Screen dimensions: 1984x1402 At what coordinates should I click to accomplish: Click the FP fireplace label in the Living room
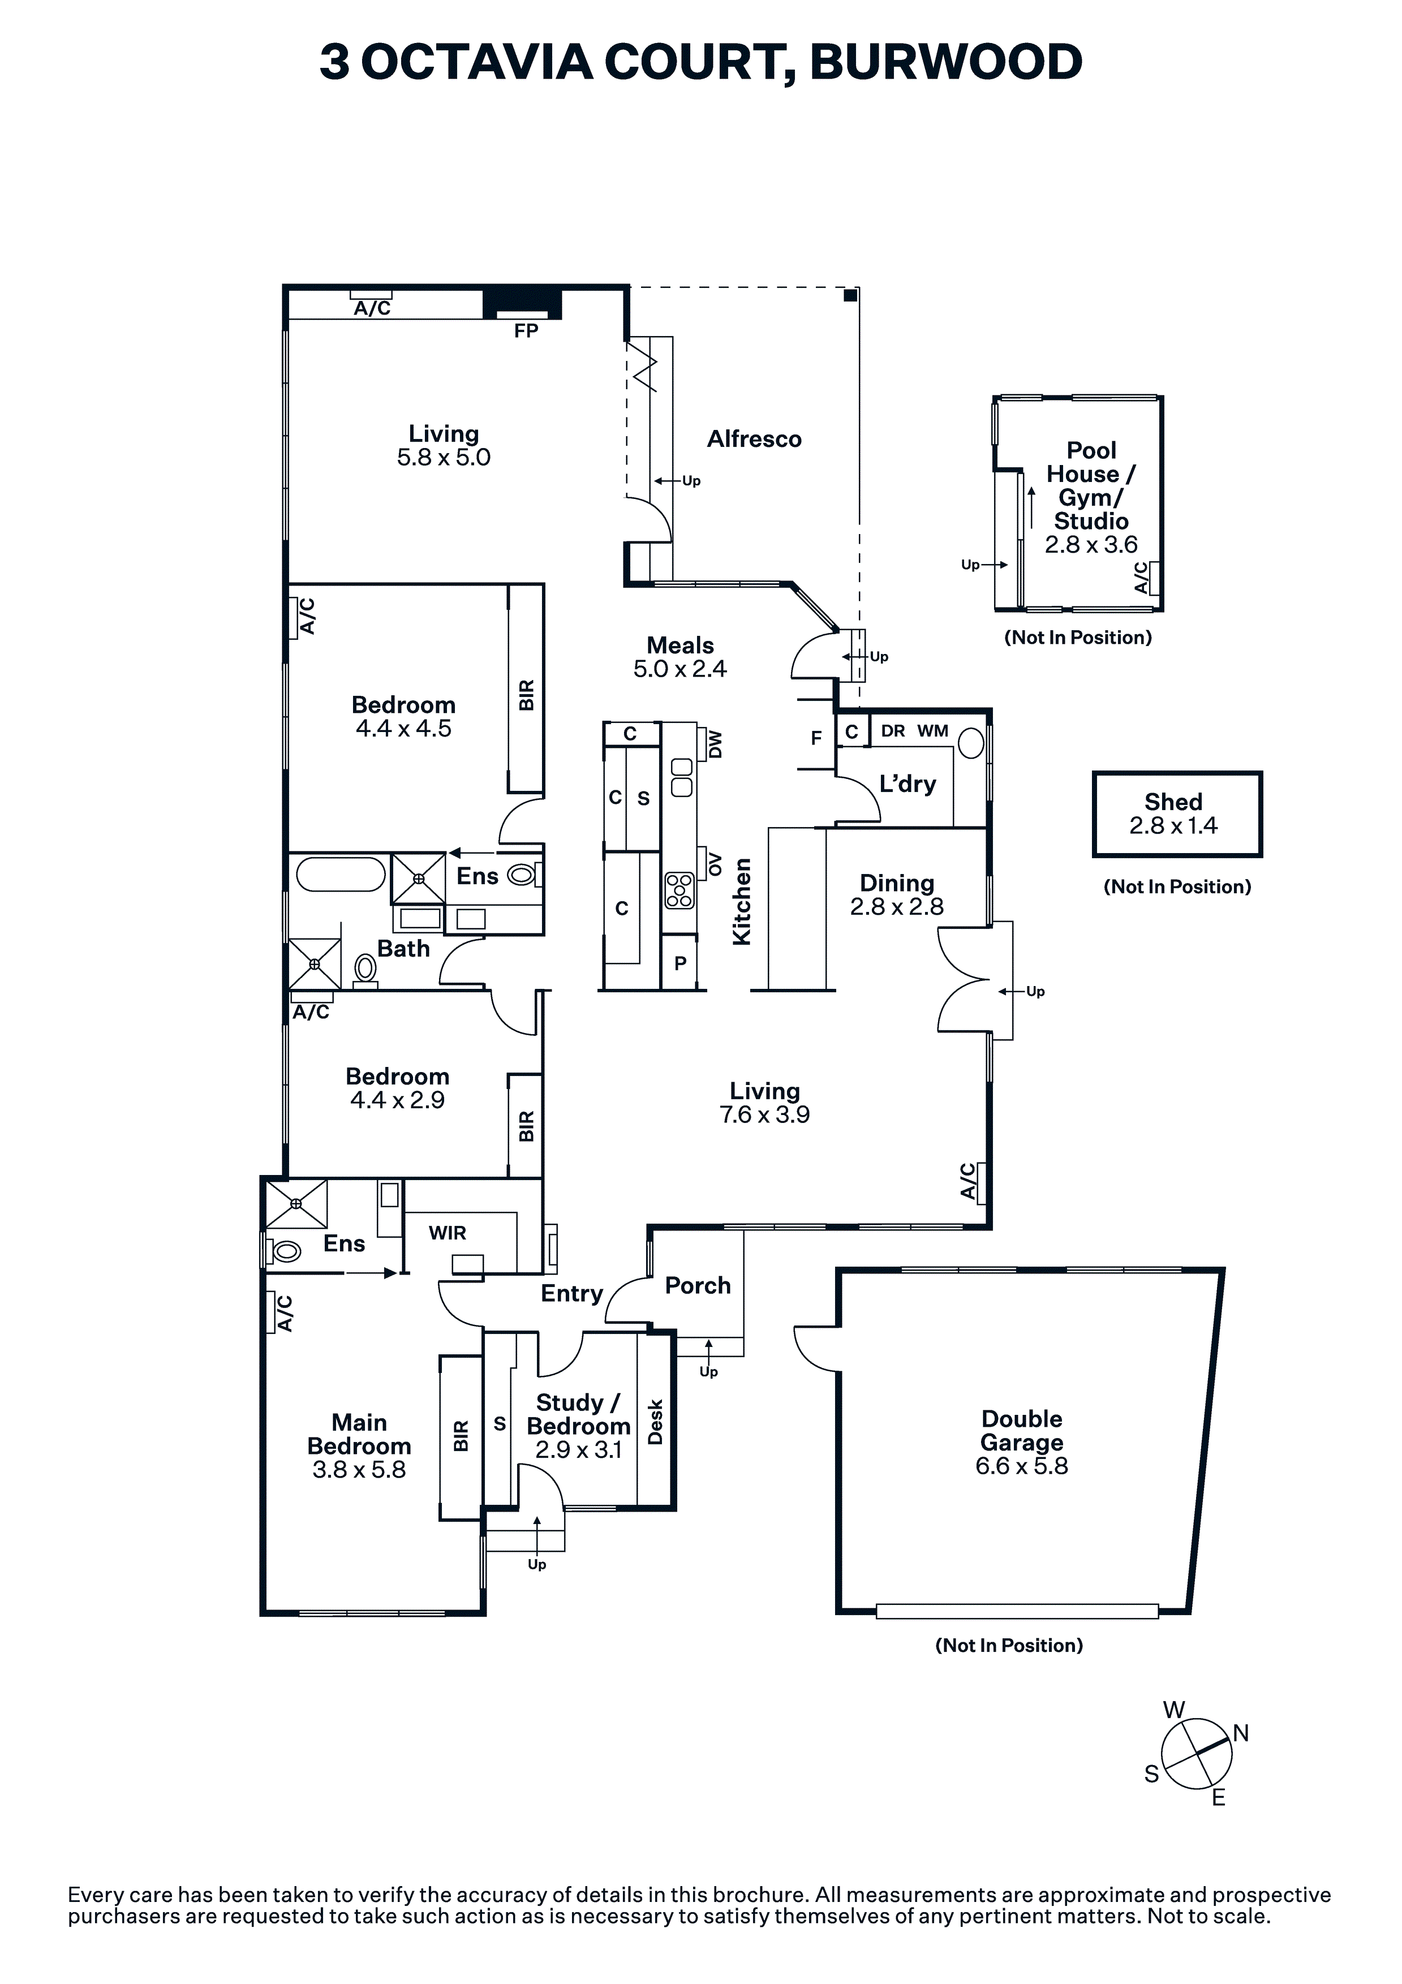[526, 331]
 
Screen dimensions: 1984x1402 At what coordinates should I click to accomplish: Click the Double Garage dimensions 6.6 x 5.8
[1022, 1466]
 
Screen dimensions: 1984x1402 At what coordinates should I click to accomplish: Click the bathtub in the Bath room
[341, 875]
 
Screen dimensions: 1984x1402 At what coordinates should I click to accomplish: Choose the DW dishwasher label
[715, 745]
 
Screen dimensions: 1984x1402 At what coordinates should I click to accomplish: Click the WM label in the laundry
[932, 731]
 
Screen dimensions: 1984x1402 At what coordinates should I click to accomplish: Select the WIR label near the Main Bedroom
[447, 1233]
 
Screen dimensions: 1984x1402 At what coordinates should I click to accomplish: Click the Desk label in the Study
[655, 1422]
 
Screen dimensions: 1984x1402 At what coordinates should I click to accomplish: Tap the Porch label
[698, 1286]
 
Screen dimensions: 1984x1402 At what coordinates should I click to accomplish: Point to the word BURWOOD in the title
[945, 62]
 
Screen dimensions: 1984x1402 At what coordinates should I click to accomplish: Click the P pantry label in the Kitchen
[680, 963]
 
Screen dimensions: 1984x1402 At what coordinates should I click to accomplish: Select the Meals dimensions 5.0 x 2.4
[680, 669]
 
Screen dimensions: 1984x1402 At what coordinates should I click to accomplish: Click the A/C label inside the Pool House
[1141, 578]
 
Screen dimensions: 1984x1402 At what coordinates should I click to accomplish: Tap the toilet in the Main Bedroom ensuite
[283, 1250]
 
